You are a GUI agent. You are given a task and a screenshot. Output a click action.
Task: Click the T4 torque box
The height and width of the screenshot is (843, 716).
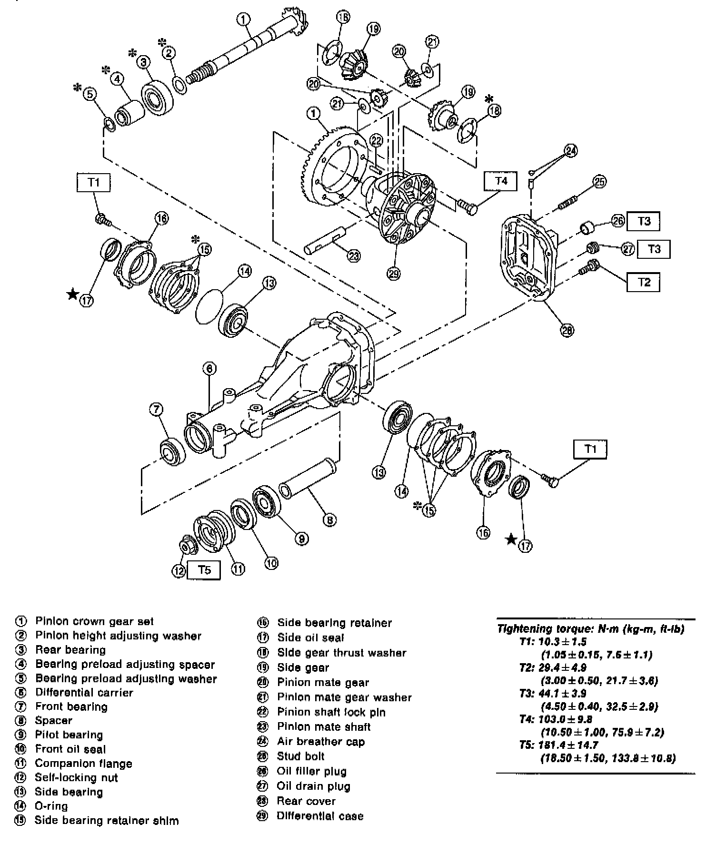coord(501,181)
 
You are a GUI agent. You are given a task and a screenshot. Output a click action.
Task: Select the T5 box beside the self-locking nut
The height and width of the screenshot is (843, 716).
coord(204,569)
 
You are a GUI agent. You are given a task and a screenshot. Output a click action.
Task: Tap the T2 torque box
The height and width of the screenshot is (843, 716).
coord(644,282)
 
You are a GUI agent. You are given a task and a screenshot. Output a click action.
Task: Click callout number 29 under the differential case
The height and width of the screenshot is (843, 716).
coord(394,274)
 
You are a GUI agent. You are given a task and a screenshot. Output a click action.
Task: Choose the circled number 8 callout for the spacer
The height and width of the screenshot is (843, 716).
coord(329,520)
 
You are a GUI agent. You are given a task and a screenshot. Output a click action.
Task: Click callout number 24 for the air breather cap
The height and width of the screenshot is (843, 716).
coord(571,151)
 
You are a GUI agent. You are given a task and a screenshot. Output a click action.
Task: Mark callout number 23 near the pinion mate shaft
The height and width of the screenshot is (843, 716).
coord(354,256)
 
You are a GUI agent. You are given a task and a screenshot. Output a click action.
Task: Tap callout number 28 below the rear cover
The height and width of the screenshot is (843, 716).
coord(567,330)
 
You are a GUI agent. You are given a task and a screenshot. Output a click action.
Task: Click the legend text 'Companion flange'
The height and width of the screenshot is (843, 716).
coord(83,764)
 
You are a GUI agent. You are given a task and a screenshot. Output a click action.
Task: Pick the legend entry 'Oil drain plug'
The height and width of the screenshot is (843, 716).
coord(313,786)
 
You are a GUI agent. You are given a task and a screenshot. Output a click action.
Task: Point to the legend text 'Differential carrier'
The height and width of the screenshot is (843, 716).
coord(84,693)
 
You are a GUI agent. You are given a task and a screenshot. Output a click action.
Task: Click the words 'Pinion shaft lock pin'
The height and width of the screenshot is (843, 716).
coord(331,712)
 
